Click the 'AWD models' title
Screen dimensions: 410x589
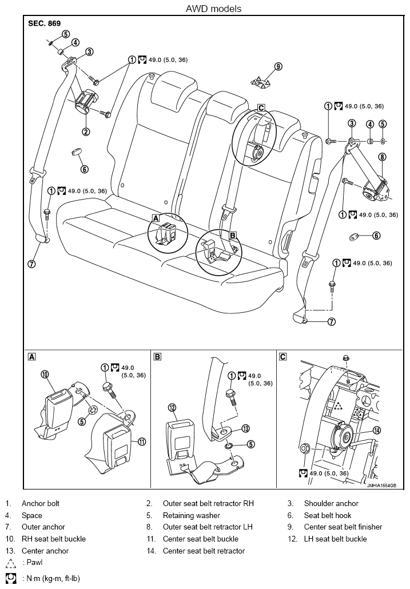[213, 9]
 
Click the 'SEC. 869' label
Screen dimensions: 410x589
[44, 23]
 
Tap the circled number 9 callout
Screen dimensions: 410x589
[278, 66]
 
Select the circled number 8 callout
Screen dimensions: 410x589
[382, 157]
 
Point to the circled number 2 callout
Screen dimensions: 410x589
[86, 132]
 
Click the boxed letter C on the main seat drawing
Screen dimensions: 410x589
[261, 108]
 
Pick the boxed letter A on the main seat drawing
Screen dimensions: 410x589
[156, 217]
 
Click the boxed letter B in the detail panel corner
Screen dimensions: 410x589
[158, 357]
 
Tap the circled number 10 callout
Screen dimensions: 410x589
[45, 374]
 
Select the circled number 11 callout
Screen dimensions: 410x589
[142, 441]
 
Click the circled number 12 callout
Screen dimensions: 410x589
[172, 408]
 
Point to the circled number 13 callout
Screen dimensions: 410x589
[245, 429]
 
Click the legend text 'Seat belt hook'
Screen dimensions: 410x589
[328, 515]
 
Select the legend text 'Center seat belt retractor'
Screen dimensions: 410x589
[204, 551]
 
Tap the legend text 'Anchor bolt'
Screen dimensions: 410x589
[41, 503]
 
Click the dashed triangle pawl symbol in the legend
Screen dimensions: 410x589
[11, 563]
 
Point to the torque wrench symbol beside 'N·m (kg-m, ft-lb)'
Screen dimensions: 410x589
[11, 578]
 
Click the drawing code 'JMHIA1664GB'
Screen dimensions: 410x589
[381, 485]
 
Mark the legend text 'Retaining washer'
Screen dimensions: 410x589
[192, 515]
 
